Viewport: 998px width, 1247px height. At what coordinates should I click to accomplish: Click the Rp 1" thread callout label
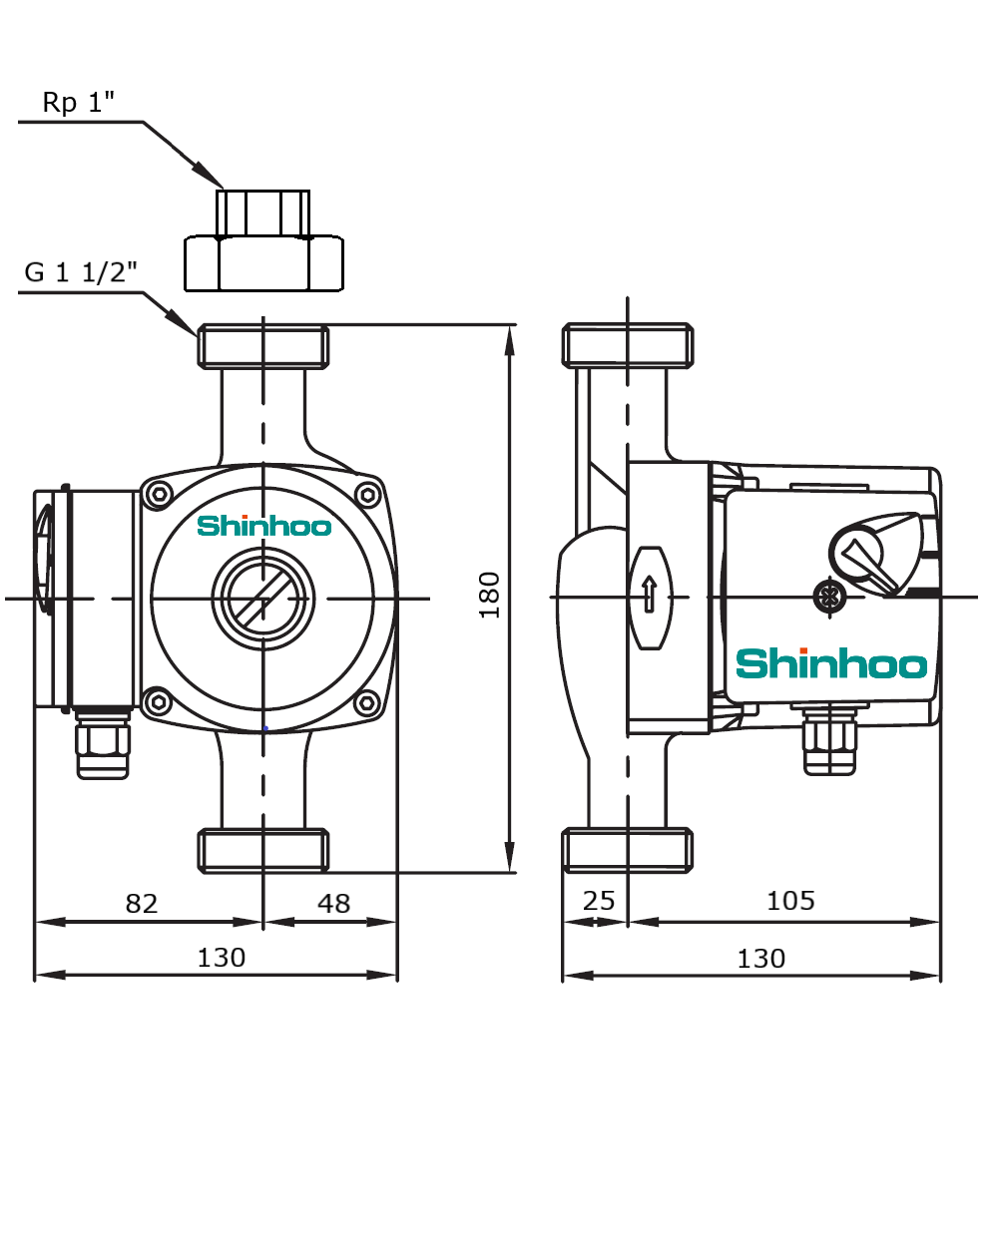point(78,102)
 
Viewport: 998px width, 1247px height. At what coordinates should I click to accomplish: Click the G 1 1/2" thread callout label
point(80,272)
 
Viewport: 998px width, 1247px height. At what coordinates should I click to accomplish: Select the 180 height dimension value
point(490,596)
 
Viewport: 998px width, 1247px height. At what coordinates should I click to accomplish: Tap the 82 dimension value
point(141,903)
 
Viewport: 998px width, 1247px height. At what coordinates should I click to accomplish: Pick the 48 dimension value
point(333,903)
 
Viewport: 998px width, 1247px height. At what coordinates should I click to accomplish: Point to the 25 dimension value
point(598,901)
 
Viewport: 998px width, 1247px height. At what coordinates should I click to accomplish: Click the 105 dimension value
point(790,901)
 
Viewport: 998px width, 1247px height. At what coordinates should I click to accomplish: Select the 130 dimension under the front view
point(221,958)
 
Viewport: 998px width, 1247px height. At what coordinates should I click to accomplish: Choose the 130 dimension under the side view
point(760,959)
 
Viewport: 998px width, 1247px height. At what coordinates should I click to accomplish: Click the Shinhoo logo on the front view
point(263,526)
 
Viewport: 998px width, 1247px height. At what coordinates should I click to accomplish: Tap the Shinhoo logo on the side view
point(831,663)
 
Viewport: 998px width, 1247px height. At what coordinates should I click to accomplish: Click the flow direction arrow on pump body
point(650,596)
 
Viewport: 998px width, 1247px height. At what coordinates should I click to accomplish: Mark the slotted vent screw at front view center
point(263,599)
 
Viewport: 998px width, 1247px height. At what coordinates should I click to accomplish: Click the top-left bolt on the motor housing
point(158,494)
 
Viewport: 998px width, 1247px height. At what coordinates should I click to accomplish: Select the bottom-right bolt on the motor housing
point(367,703)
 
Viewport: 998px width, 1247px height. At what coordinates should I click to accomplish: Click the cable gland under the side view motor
point(830,740)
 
